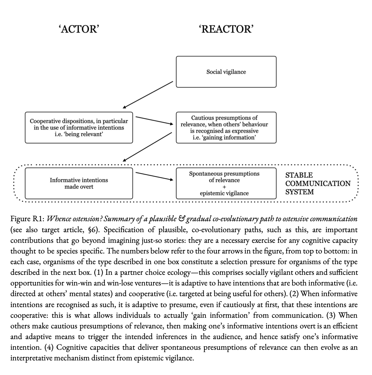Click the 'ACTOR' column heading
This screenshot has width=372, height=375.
pyautogui.click(x=79, y=29)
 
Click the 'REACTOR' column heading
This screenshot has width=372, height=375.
pyautogui.click(x=226, y=29)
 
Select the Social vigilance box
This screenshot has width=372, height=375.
pyautogui.click(x=226, y=72)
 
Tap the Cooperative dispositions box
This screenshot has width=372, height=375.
pyautogui.click(x=79, y=127)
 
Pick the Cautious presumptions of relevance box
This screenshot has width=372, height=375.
pyautogui.click(x=226, y=127)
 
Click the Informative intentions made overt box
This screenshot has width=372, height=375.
pyautogui.click(x=79, y=183)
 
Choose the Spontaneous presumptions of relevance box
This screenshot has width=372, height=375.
pyautogui.click(x=226, y=183)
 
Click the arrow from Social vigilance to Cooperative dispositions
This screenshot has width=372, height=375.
pyautogui.click(x=148, y=95)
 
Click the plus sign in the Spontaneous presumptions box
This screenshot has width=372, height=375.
pyautogui.click(x=224, y=187)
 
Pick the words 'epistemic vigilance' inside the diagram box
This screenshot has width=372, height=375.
pyautogui.click(x=224, y=193)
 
